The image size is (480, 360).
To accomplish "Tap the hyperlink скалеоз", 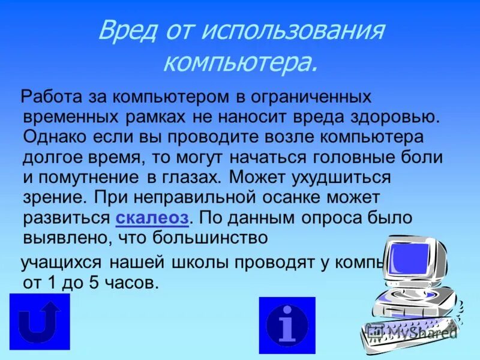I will pos(152,218).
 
